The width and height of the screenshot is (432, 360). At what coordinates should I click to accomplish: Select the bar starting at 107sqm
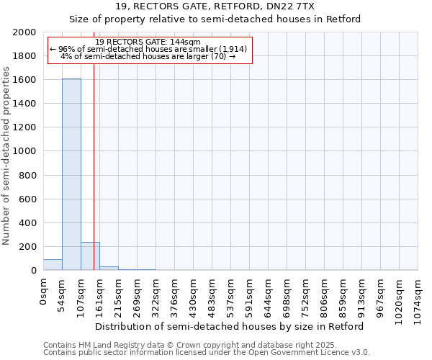90,256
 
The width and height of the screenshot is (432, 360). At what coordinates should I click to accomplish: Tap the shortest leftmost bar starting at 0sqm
53,265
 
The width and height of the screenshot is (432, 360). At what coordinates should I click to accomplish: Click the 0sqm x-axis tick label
43,291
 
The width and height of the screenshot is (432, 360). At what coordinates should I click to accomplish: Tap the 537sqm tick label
230,294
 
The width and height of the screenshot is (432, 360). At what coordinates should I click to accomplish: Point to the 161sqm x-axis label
99,294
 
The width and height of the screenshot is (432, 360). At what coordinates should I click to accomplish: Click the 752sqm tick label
305,294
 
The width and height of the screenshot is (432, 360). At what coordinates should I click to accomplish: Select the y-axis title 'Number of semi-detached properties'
6,156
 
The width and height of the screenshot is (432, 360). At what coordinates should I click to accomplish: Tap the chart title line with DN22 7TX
215,6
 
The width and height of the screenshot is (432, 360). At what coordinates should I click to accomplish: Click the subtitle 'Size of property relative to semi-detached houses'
215,19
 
